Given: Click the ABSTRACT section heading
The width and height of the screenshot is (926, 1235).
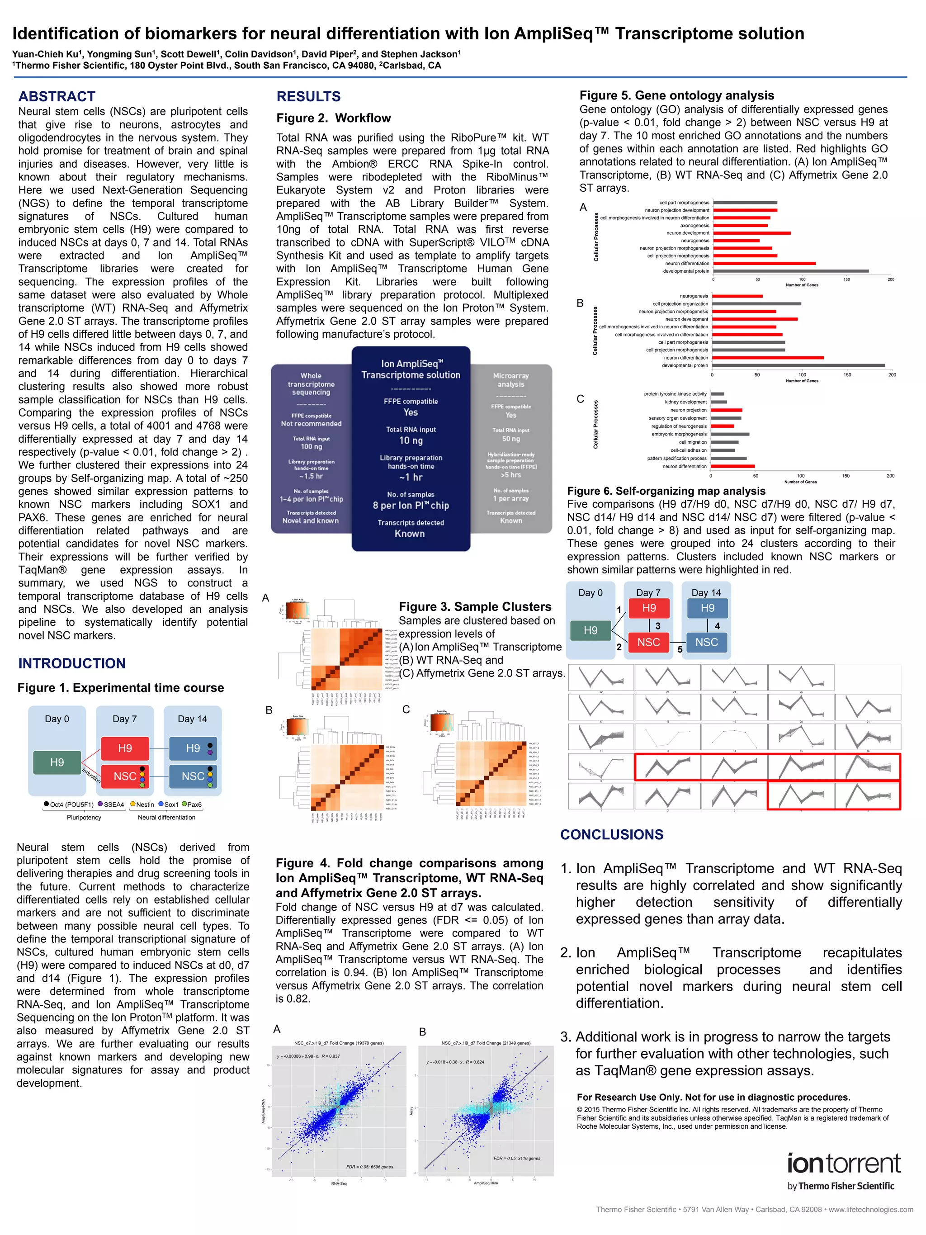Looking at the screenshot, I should pyautogui.click(x=57, y=97).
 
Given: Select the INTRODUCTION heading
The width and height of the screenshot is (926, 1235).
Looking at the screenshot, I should pyautogui.click(x=72, y=663).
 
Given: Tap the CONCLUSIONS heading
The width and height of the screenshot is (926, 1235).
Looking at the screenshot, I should pyautogui.click(x=612, y=835).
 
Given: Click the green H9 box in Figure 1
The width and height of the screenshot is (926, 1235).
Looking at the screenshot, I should pyautogui.click(x=57, y=763).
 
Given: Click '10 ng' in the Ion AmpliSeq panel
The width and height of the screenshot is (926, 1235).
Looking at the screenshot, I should pyautogui.click(x=411, y=440).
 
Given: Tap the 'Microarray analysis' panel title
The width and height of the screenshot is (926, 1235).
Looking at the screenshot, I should pyautogui.click(x=511, y=380).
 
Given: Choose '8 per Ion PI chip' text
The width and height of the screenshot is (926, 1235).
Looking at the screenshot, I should pyautogui.click(x=411, y=505).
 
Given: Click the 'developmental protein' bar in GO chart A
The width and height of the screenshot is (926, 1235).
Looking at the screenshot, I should pyautogui.click(x=790, y=271).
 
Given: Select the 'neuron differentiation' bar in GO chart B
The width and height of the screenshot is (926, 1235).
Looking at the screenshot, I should pyautogui.click(x=767, y=357).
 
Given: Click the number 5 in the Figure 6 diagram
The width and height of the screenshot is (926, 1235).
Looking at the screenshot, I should pyautogui.click(x=680, y=650).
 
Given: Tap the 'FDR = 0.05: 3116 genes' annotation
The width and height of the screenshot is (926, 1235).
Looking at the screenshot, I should pyautogui.click(x=516, y=1159).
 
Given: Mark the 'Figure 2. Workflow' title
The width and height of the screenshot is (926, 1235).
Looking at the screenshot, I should pyautogui.click(x=333, y=118).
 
